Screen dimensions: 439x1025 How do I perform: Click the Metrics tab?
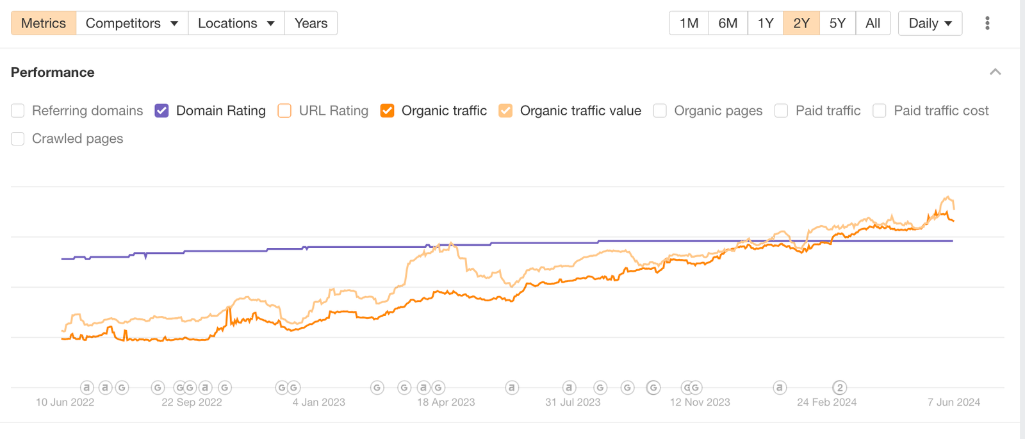click(x=44, y=23)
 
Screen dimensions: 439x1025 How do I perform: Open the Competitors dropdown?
click(x=131, y=23)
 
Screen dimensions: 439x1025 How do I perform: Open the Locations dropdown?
click(x=236, y=23)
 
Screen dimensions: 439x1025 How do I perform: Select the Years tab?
click(x=311, y=23)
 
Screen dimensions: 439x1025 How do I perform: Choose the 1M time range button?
click(x=689, y=23)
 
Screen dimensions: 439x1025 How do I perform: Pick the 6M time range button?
click(x=728, y=23)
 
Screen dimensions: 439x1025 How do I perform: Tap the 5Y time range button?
click(x=837, y=23)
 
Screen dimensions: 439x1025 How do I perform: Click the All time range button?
click(x=873, y=23)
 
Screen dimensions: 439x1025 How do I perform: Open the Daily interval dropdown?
click(x=930, y=23)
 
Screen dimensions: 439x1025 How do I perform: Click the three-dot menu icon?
click(x=987, y=23)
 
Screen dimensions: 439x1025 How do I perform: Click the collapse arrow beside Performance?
click(x=995, y=72)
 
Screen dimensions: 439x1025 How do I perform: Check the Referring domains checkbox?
click(x=18, y=111)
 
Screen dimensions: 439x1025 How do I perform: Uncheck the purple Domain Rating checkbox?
click(x=161, y=111)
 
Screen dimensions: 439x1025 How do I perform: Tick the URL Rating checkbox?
click(x=284, y=111)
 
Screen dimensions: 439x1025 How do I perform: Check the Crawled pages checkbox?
click(x=18, y=138)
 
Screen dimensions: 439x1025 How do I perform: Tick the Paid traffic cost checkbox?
click(x=880, y=111)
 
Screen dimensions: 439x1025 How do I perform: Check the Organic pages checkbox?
click(x=660, y=111)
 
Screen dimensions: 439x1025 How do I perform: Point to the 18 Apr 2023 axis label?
click(x=446, y=402)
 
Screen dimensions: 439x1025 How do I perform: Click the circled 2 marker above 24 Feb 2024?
click(x=839, y=388)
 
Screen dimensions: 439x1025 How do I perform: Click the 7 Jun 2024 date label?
click(x=953, y=402)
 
